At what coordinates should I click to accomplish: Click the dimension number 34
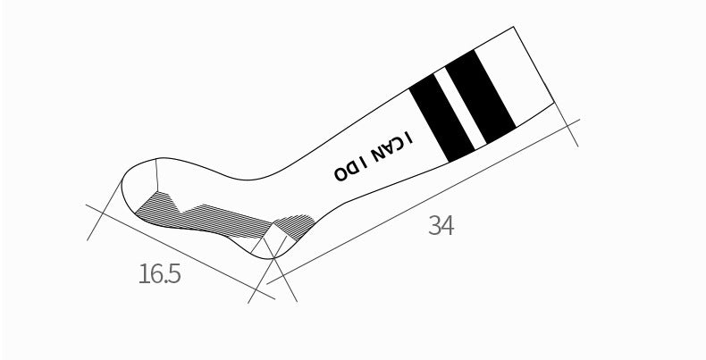(x=441, y=225)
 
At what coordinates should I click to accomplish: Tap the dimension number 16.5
(x=160, y=273)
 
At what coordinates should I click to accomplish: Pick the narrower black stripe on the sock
(x=441, y=118)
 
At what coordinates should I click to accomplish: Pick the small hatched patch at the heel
(x=295, y=226)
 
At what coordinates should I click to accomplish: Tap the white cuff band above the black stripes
(x=514, y=77)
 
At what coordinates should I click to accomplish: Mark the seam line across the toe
(x=156, y=174)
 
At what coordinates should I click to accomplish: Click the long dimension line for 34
(x=424, y=202)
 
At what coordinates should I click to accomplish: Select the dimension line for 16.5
(x=181, y=252)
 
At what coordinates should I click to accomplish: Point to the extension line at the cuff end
(x=566, y=124)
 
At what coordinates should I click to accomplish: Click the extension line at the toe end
(x=105, y=209)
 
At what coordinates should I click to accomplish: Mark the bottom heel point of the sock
(x=273, y=258)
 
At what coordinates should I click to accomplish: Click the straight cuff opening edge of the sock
(x=534, y=65)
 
